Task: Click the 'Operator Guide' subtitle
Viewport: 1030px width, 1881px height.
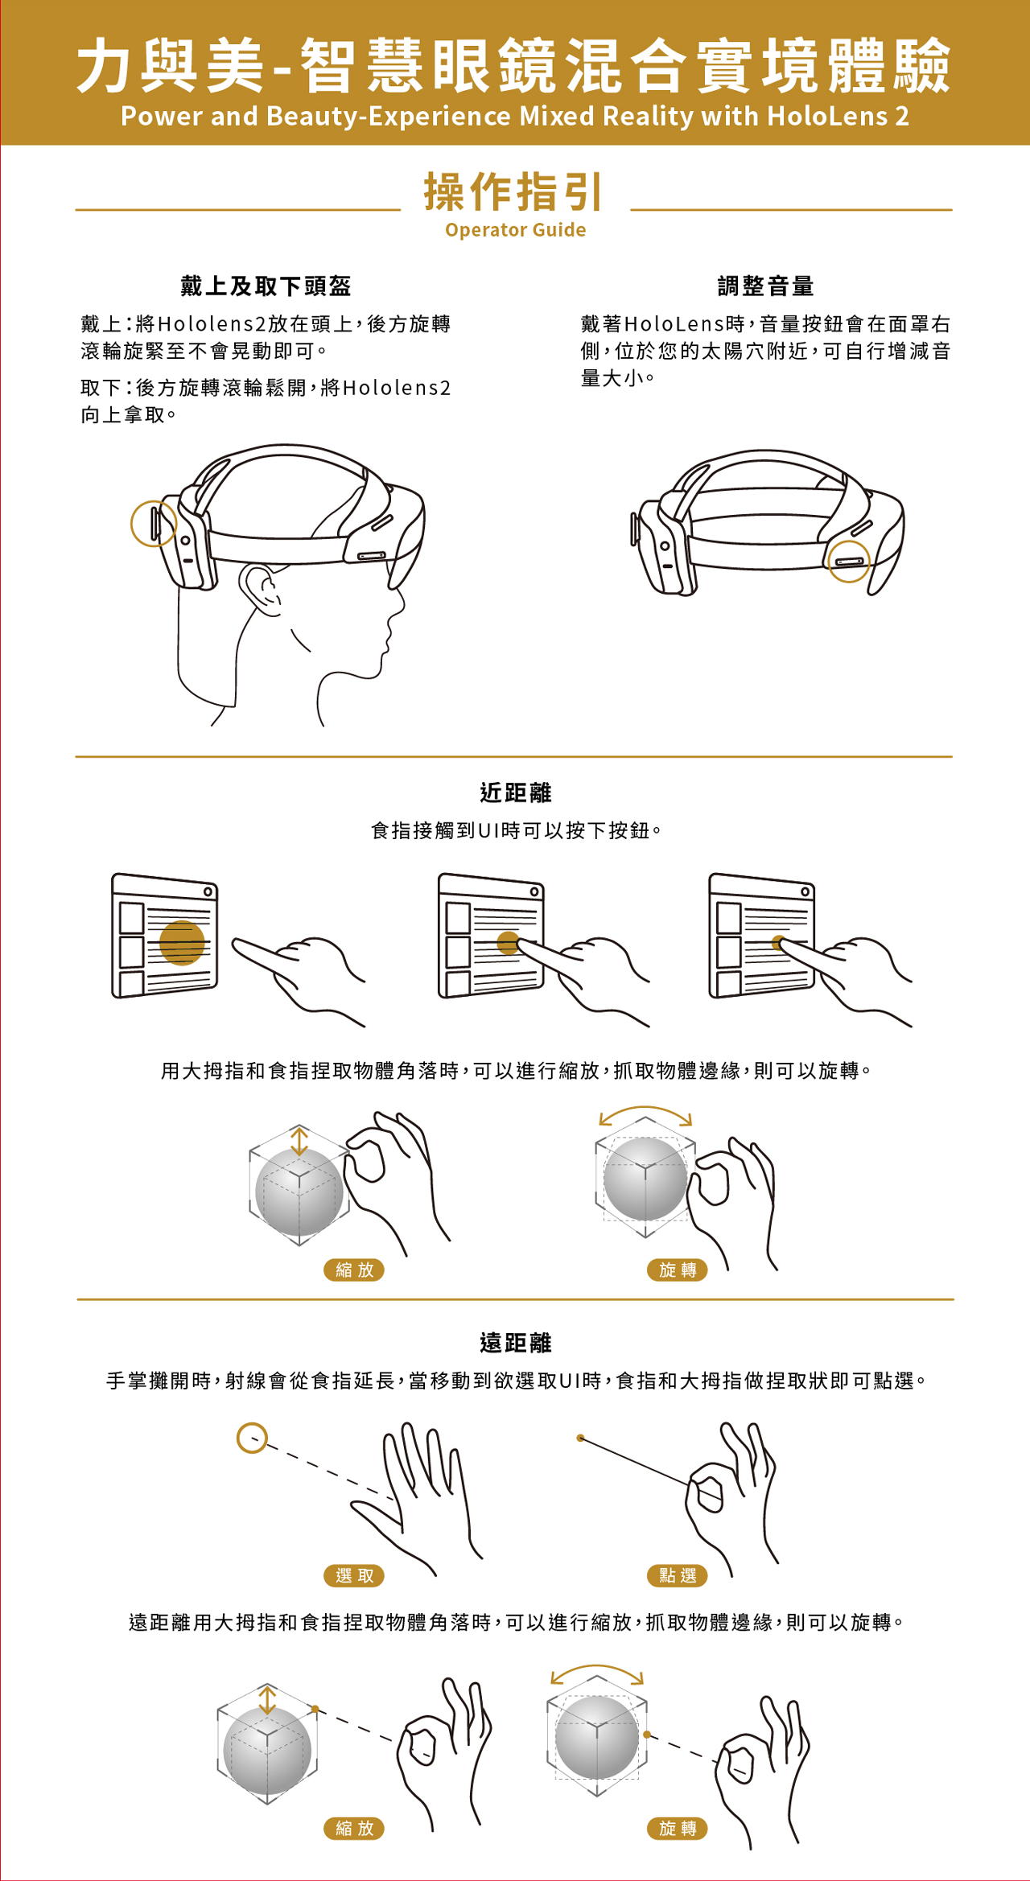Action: [x=516, y=230]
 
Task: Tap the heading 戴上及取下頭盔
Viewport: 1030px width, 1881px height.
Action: [x=266, y=286]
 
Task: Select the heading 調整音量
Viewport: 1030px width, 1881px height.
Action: [x=765, y=286]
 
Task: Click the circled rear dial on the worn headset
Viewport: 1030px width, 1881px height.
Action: [x=154, y=523]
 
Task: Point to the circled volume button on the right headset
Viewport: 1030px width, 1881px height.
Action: [x=849, y=560]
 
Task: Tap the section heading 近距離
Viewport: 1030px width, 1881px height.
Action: [x=516, y=792]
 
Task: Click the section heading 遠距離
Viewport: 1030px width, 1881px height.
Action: [x=516, y=1343]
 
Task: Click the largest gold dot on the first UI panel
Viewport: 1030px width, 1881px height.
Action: [x=182, y=942]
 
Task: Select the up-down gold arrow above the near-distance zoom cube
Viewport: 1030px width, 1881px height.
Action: [x=299, y=1141]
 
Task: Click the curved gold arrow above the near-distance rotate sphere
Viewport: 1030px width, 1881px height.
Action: [x=645, y=1112]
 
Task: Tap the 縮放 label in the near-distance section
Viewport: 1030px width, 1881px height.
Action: [x=355, y=1270]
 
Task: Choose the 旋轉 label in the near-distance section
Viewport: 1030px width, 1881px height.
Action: [x=678, y=1270]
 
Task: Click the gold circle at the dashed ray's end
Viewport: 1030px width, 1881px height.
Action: [x=252, y=1438]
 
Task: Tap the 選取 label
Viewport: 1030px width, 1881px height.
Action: [x=355, y=1575]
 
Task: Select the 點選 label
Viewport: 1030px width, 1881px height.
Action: [x=678, y=1575]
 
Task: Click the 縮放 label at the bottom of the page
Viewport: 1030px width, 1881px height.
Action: [x=355, y=1828]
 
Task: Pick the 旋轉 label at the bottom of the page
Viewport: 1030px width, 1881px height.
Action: [x=678, y=1828]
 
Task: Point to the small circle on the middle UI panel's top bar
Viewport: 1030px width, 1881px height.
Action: [x=534, y=891]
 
